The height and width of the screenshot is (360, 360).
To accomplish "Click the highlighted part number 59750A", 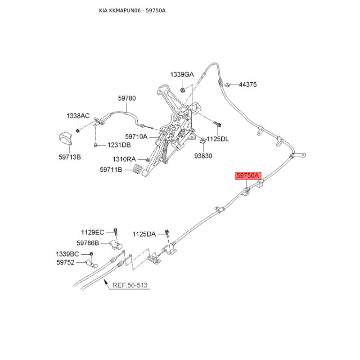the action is (248, 175).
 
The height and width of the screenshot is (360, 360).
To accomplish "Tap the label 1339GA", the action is (182, 74).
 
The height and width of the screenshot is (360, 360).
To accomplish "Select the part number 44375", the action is (248, 85).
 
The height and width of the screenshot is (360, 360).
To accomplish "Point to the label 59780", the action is (127, 98).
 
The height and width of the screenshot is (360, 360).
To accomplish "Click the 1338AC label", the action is (78, 116).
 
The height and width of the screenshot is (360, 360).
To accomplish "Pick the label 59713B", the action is (70, 157).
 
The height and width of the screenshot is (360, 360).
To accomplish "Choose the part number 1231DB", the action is (119, 145).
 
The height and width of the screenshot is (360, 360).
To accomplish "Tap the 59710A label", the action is (136, 137).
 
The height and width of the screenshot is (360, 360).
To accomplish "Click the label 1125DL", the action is (217, 139).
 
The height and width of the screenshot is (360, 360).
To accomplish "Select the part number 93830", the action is (203, 156).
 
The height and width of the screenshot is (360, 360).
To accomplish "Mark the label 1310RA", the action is (124, 159).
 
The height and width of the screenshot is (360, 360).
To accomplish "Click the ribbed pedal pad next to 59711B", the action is (138, 170).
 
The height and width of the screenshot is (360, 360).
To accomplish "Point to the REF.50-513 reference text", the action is (130, 285).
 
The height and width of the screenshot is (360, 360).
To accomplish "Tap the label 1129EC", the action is (93, 232).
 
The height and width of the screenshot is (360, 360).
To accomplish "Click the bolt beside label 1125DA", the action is (167, 233).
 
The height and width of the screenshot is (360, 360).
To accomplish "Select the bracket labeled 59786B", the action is (116, 245).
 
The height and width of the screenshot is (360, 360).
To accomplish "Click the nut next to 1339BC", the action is (91, 254).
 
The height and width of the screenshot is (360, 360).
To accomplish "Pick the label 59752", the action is (65, 262).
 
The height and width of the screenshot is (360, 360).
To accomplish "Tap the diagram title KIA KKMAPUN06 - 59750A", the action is (132, 10).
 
